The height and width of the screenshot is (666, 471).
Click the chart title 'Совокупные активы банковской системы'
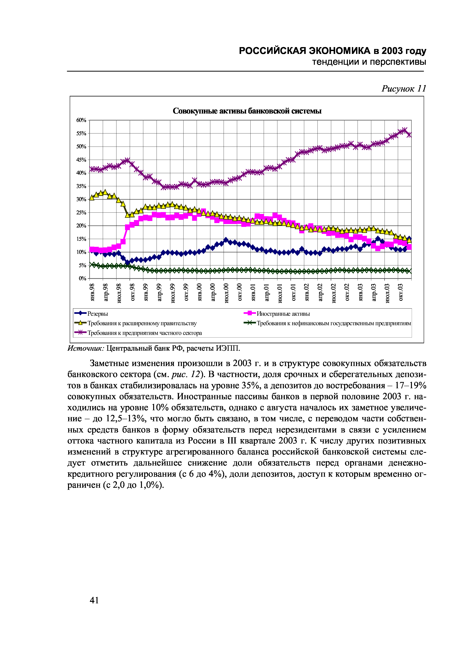247,111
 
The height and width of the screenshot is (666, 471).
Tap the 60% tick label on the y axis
82,120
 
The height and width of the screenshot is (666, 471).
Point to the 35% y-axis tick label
82,186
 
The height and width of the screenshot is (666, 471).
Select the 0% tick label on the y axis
83,279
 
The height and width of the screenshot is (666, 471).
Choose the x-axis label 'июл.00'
226,293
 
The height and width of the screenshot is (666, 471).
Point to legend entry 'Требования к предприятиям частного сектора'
145,333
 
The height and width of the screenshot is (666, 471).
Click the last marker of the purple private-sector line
409,135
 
